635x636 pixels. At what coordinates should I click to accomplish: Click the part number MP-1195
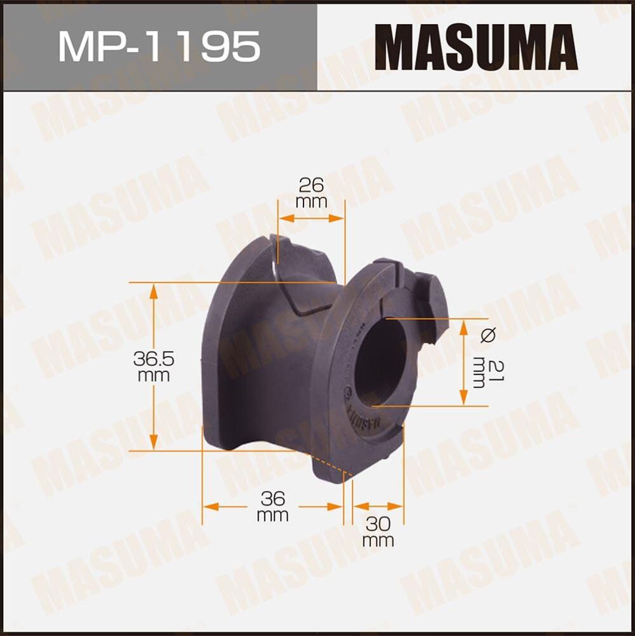[159, 46]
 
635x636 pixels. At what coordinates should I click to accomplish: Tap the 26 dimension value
[311, 185]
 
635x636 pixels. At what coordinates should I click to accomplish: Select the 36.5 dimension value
[153, 359]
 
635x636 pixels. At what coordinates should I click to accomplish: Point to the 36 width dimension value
[272, 497]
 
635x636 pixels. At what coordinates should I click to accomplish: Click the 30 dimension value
[378, 524]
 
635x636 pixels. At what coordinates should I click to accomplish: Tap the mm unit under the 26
[311, 202]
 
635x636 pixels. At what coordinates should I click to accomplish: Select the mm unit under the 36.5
[153, 376]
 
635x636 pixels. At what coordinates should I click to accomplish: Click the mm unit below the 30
[378, 541]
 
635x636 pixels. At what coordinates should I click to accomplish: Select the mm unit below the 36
[272, 515]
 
